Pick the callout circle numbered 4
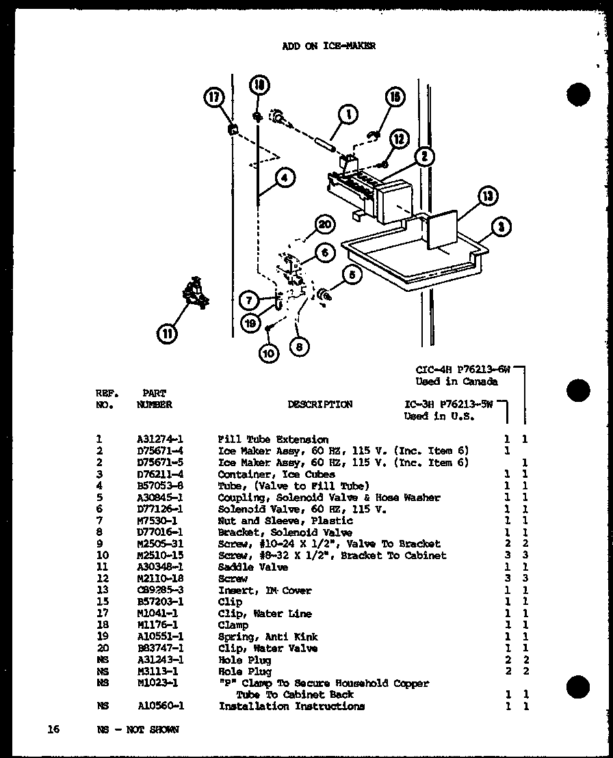coord(285,178)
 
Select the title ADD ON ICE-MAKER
coord(328,46)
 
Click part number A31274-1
coord(163,439)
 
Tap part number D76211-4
coord(163,474)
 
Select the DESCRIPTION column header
coord(319,405)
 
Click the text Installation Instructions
coord(291,706)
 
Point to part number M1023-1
coord(158,683)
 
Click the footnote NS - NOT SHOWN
coord(138,729)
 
